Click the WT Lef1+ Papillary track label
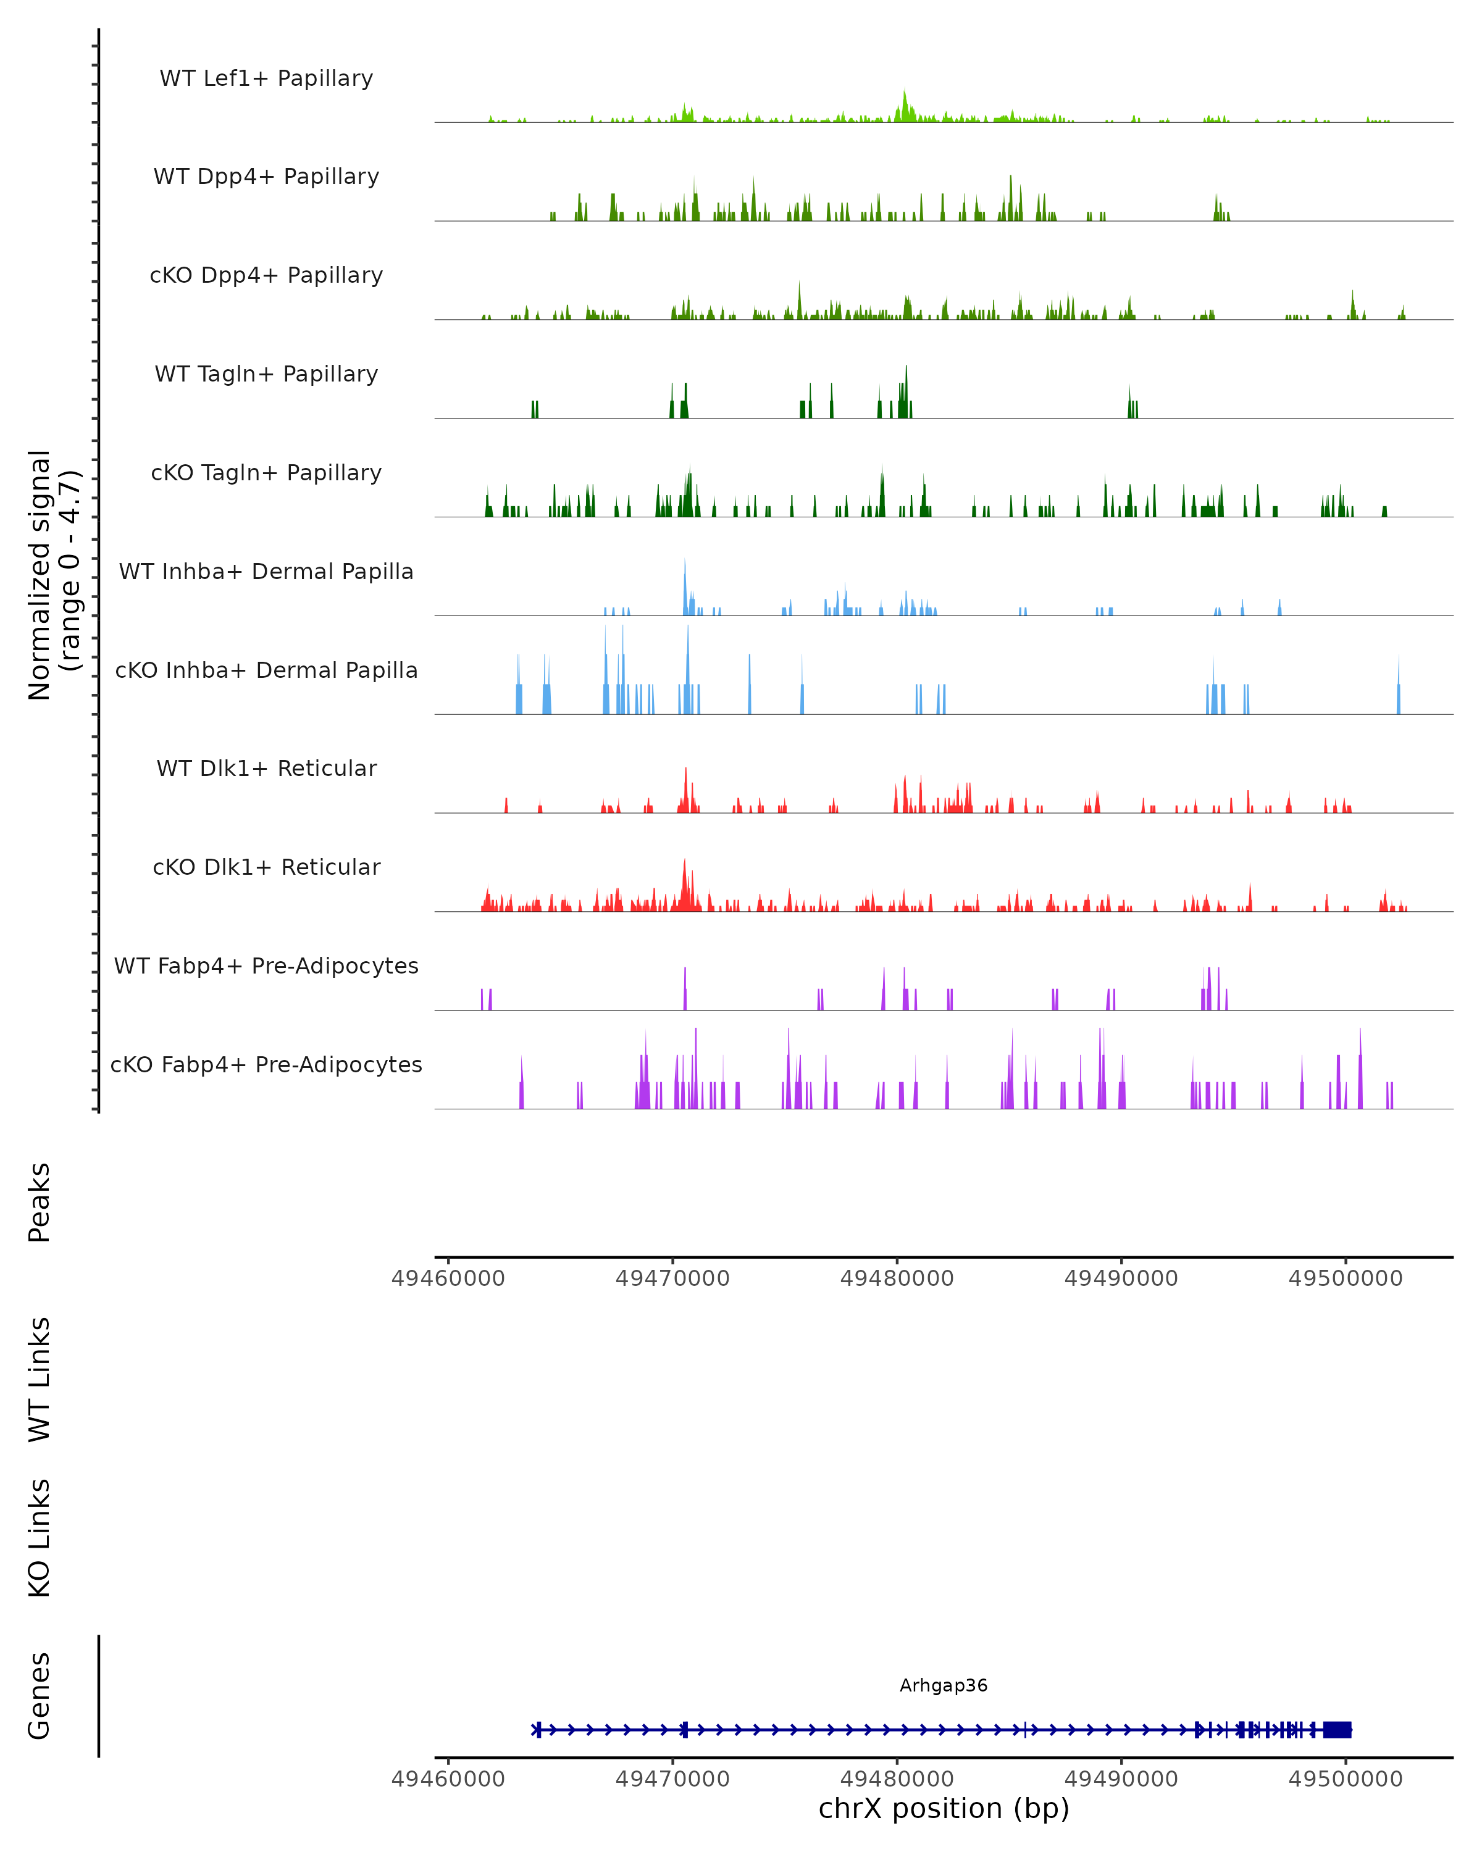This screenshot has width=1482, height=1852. pyautogui.click(x=266, y=78)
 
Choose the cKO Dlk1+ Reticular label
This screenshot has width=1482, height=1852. pyautogui.click(x=266, y=867)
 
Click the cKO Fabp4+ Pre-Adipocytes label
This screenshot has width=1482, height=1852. pyautogui.click(x=266, y=1064)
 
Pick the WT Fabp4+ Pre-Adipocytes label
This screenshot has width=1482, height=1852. pyautogui.click(x=266, y=966)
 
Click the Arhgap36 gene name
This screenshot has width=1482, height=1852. pyautogui.click(x=944, y=1685)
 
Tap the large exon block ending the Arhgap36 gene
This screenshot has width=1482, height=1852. pyautogui.click(x=1337, y=1729)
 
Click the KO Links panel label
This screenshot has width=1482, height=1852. pyautogui.click(x=40, y=1538)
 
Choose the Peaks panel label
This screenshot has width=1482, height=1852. pyautogui.click(x=40, y=1202)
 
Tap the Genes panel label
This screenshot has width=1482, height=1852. pyautogui.click(x=40, y=1696)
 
